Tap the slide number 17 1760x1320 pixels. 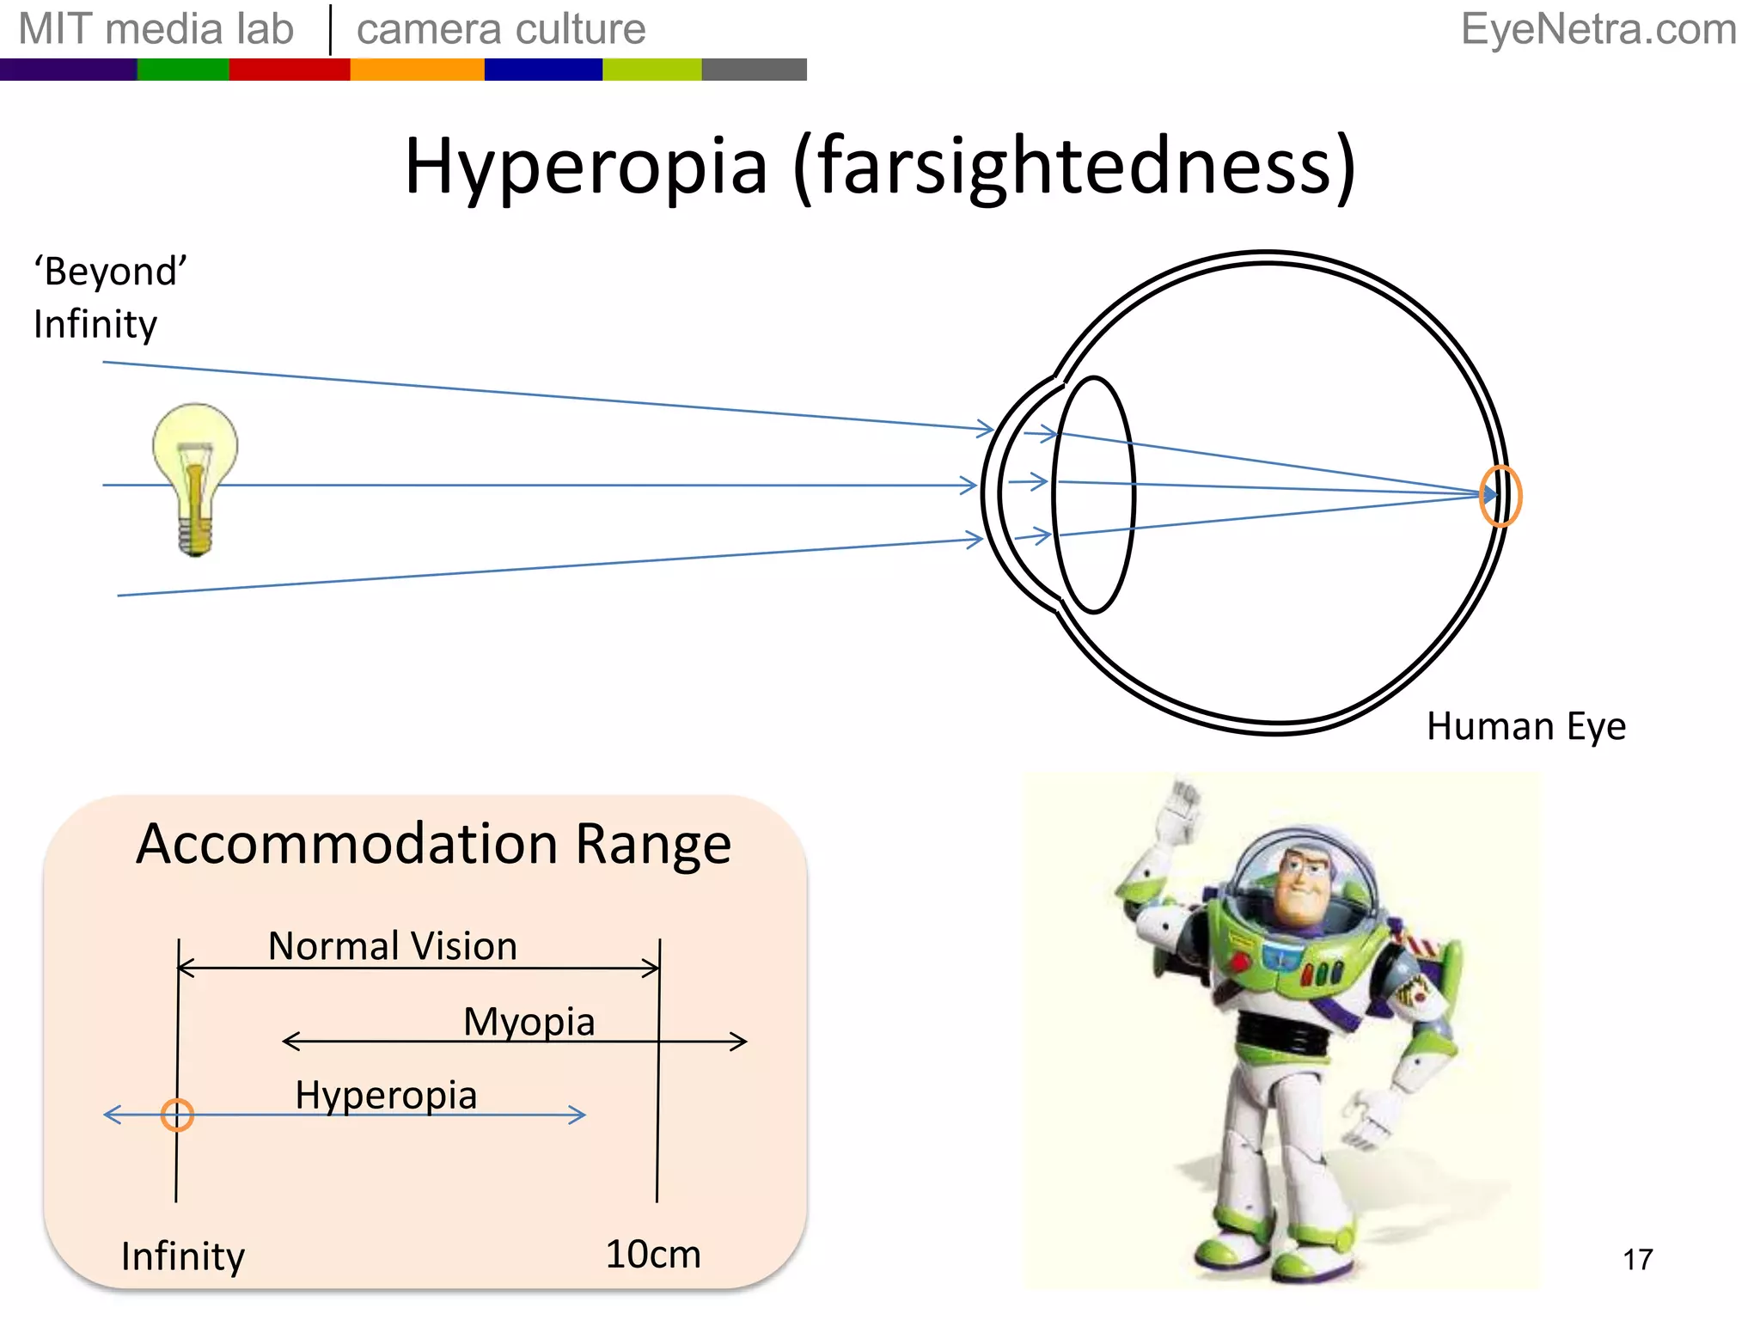[1637, 1260]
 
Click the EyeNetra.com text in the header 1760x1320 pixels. [1598, 29]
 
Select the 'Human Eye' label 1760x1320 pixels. [1525, 727]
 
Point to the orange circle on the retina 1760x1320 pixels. [1500, 496]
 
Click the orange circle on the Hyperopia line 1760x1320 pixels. [177, 1115]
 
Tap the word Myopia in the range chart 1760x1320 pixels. [529, 1022]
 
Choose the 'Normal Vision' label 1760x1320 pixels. [393, 946]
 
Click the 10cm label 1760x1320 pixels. [653, 1255]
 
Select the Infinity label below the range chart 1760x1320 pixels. [183, 1256]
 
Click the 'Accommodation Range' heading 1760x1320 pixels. [433, 844]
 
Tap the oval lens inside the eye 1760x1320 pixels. [1094, 495]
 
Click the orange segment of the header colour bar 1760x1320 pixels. [417, 70]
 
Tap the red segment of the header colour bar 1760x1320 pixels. [289, 70]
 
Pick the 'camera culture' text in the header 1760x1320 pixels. [501, 29]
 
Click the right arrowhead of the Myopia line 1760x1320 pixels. [741, 1042]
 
